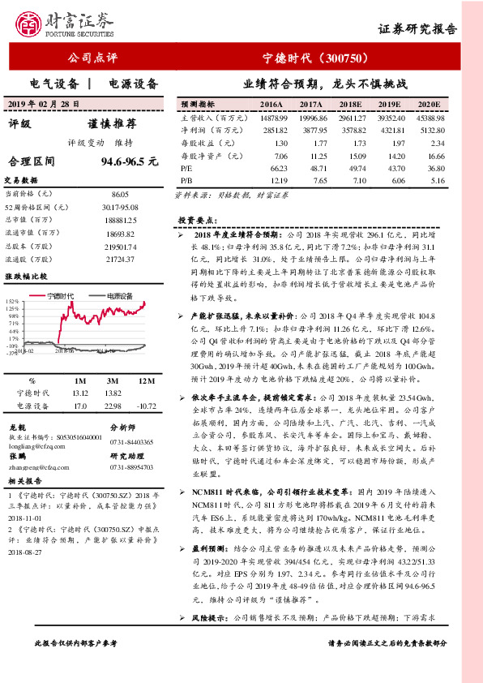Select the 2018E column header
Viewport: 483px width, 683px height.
click(350, 105)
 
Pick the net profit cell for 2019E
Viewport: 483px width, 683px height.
click(387, 130)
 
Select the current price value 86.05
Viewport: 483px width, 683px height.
click(120, 195)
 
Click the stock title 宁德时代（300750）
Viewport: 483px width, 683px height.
click(316, 58)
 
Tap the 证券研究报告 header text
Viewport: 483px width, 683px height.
click(417, 29)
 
